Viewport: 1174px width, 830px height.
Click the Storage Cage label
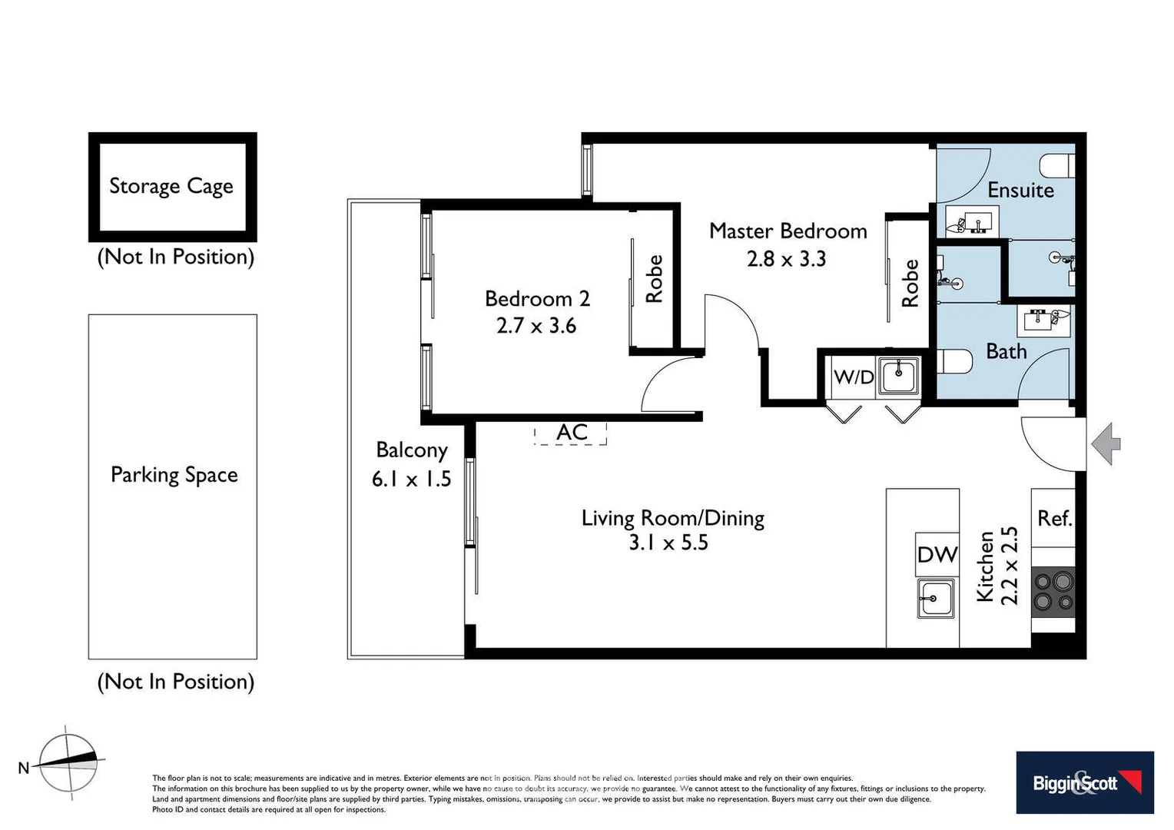point(171,187)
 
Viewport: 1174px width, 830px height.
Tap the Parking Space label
point(174,475)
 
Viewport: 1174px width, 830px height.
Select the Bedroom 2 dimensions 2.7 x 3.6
point(536,326)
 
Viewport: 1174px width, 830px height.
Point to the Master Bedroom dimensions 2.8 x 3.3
point(786,259)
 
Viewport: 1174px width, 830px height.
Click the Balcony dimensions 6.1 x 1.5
point(411,480)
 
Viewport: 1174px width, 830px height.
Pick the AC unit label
point(572,433)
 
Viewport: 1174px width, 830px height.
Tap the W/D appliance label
point(854,377)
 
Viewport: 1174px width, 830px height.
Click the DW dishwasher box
point(937,554)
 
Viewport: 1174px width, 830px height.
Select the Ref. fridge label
point(1054,519)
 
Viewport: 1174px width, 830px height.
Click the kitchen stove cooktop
point(1053,592)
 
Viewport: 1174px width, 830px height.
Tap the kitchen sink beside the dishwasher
point(936,598)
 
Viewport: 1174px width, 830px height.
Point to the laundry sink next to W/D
point(898,375)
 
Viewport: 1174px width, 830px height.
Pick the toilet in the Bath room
point(954,361)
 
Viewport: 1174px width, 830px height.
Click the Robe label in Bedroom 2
point(654,279)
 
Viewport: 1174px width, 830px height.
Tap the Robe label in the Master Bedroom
point(910,283)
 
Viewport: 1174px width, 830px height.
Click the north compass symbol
point(68,763)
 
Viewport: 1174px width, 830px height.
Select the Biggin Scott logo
point(1085,783)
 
